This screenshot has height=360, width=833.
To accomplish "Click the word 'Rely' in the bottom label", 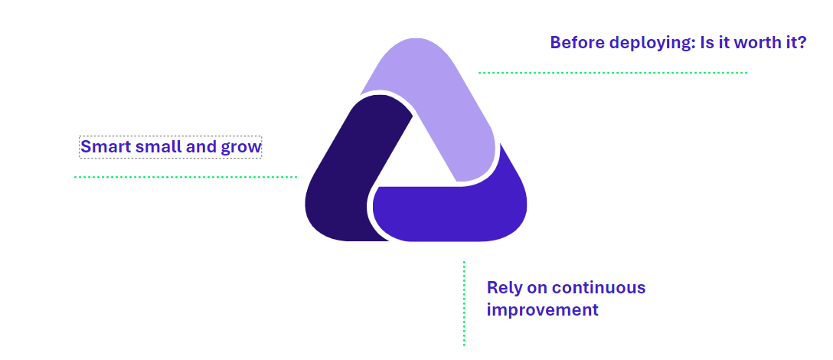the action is [502, 289].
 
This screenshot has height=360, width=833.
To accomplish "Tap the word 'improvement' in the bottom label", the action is [542, 310].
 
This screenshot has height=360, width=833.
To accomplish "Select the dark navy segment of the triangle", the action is [351, 175].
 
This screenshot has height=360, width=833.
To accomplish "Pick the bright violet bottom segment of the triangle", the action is [452, 213].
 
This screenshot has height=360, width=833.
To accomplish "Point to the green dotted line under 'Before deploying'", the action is [612, 72].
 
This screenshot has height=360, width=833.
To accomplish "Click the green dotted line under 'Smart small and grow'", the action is [185, 176].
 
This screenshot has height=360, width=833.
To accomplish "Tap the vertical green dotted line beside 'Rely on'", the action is [464, 303].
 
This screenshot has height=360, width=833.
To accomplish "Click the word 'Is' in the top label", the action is [707, 43].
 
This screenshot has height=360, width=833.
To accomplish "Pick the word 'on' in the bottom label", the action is [535, 289].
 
